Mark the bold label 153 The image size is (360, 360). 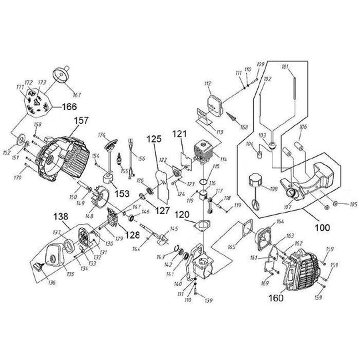pos(121,193)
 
